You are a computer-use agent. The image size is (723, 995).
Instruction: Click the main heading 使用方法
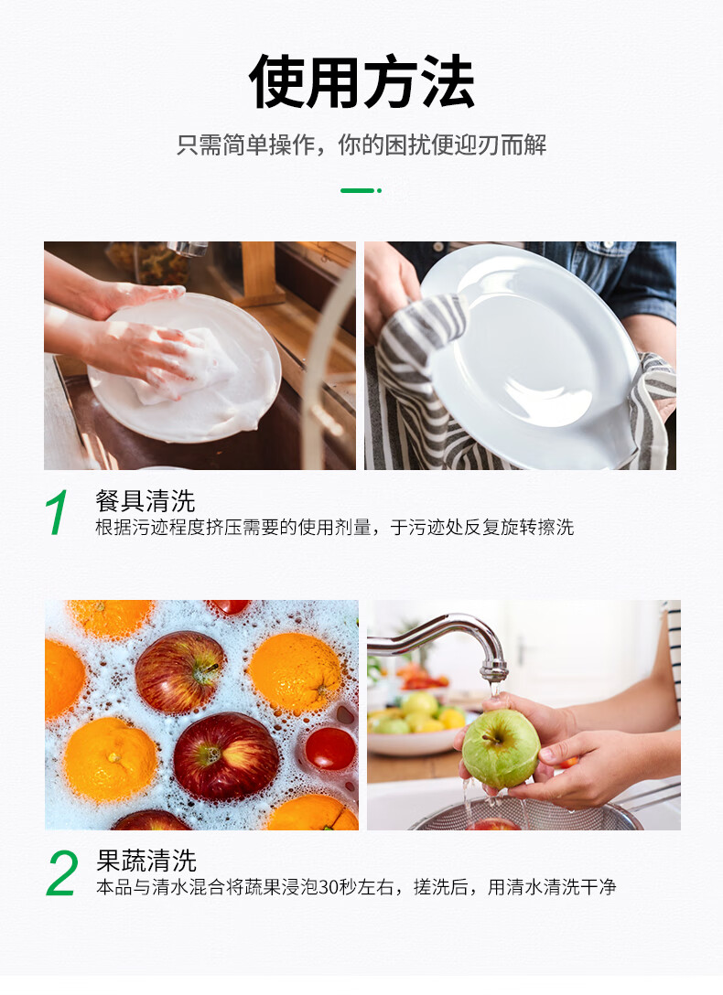tap(361, 82)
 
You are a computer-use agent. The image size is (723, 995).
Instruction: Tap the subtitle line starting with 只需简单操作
tap(361, 144)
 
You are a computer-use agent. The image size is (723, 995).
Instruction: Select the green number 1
tap(57, 512)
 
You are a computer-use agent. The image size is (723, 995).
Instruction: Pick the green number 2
tap(62, 873)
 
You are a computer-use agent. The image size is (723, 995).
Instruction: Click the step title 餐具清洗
tap(145, 500)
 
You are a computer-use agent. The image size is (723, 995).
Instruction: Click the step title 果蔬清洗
tap(146, 861)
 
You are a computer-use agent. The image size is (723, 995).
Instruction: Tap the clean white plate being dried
tap(530, 356)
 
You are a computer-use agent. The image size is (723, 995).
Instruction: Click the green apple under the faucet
tap(501, 749)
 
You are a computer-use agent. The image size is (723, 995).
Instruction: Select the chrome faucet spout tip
tap(493, 671)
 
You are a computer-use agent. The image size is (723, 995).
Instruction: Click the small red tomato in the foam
tap(330, 749)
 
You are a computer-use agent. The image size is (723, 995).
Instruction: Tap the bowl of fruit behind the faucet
tap(413, 723)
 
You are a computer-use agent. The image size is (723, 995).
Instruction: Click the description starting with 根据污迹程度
tap(334, 528)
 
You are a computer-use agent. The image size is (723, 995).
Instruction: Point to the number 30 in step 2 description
tap(329, 887)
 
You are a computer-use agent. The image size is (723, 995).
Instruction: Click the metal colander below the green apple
tap(527, 816)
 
